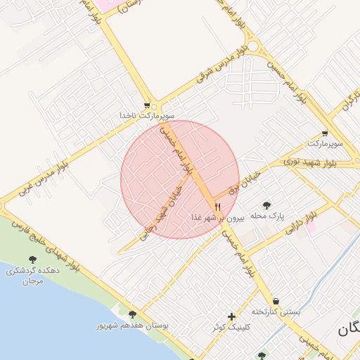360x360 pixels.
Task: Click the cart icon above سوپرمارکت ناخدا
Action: pyautogui.click(x=147, y=103)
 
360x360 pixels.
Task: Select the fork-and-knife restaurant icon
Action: pyautogui.click(x=217, y=207)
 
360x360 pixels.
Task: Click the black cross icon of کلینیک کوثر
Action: pyautogui.click(x=231, y=316)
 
